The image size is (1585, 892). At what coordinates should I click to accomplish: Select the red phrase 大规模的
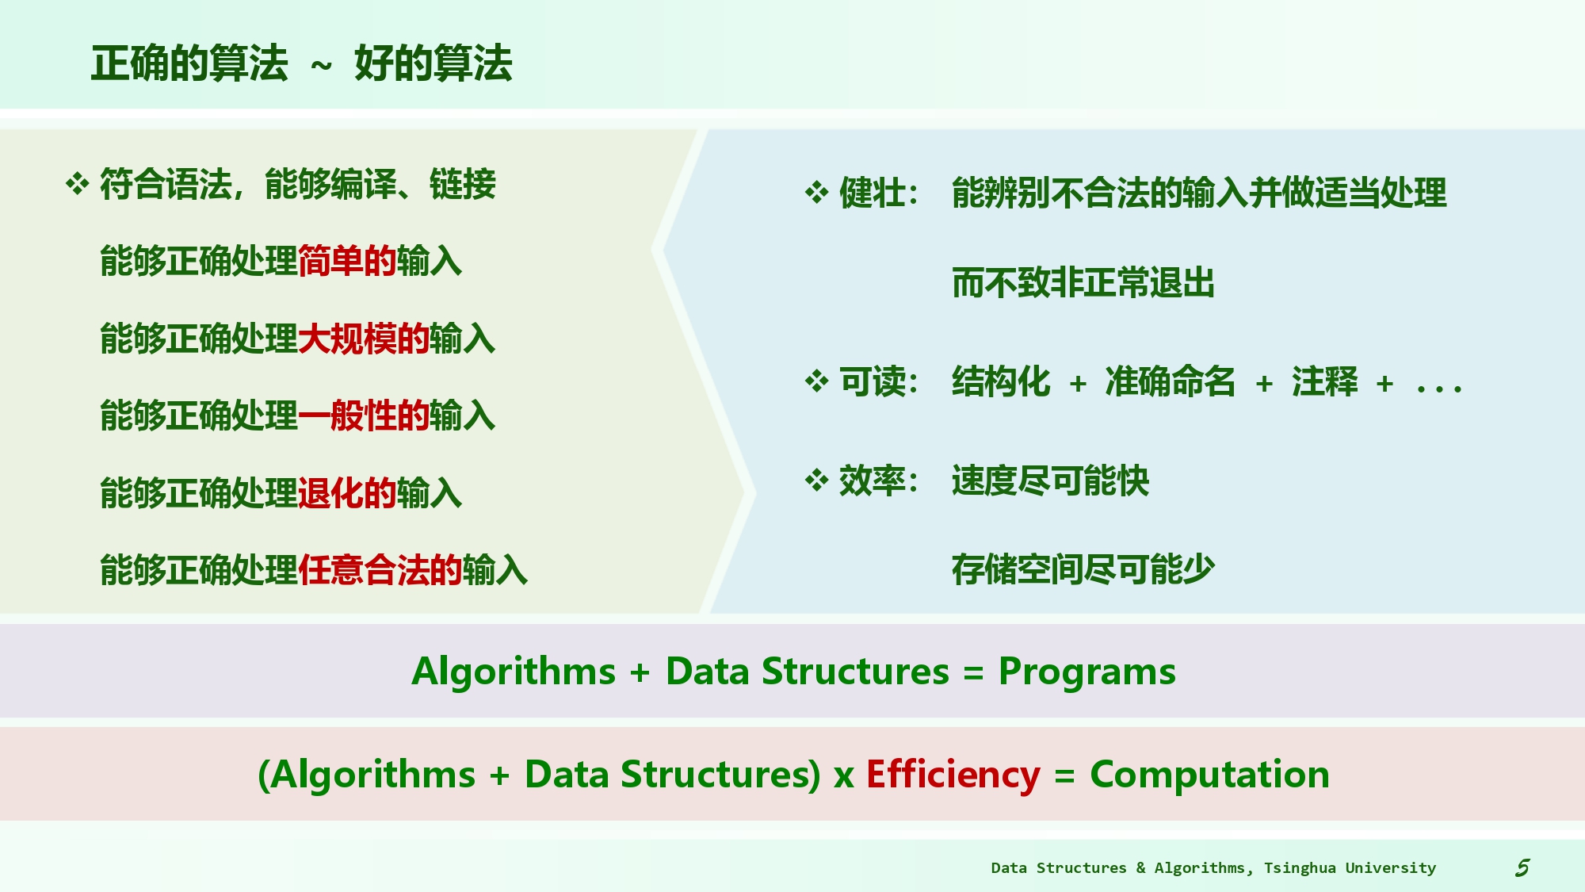(x=364, y=339)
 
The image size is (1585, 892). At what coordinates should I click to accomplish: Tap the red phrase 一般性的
(x=364, y=415)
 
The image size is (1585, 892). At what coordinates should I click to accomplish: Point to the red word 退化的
(x=347, y=492)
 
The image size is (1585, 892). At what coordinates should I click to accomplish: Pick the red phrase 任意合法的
(x=380, y=569)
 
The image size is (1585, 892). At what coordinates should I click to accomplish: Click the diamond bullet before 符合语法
(x=77, y=184)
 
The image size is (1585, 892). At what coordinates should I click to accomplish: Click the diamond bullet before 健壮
(x=816, y=192)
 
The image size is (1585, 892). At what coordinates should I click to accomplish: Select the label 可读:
(x=878, y=381)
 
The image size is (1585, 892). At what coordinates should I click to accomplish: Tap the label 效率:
(x=878, y=480)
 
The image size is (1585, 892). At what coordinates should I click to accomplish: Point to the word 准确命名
(x=1171, y=381)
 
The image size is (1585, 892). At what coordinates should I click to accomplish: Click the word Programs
(x=1087, y=672)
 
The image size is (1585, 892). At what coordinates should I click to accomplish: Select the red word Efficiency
(x=953, y=774)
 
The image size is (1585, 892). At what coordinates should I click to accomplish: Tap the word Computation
(x=1209, y=774)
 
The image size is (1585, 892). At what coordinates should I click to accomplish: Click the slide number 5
(x=1522, y=867)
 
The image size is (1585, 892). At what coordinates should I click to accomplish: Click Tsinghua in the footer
(x=1300, y=867)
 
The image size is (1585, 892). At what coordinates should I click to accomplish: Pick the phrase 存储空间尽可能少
(x=1083, y=569)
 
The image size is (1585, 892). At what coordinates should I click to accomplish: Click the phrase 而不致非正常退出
(x=1083, y=282)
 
